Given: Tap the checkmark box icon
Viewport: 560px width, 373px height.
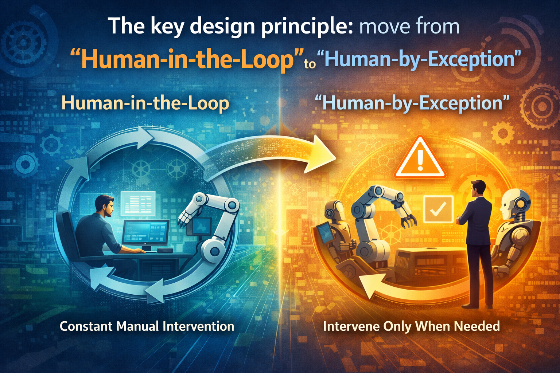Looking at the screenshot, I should (438, 209).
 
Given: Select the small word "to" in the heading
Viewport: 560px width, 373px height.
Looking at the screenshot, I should (310, 64).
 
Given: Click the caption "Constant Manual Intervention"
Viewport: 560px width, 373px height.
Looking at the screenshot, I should (147, 326).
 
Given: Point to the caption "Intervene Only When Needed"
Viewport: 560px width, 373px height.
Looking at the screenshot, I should (411, 326).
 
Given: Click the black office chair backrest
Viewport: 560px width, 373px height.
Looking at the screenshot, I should (65, 233).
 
